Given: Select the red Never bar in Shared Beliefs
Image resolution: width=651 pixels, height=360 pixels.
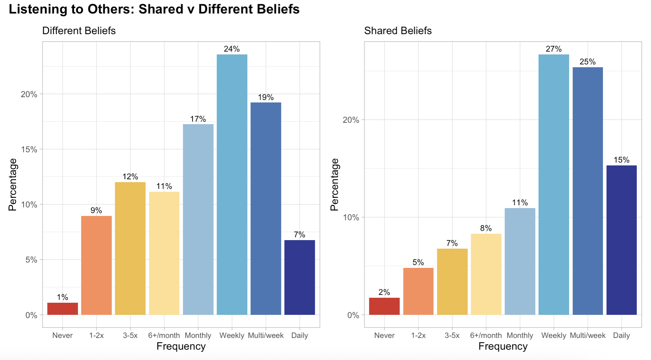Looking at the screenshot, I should tap(384, 306).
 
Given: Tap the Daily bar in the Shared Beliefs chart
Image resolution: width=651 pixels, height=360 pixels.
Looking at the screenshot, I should tap(621, 240).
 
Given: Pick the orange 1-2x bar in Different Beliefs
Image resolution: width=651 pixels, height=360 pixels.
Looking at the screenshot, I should tap(96, 265).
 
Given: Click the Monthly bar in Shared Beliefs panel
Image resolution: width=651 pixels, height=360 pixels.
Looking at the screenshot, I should tap(520, 261).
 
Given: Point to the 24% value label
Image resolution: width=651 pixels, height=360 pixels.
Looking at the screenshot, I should tap(232, 49).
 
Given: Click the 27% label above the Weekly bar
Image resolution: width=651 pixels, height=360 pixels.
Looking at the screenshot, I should tap(554, 49).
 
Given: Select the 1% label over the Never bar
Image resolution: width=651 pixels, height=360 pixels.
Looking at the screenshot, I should tap(62, 297).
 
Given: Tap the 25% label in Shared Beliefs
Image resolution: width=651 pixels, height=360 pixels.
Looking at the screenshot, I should tap(587, 62).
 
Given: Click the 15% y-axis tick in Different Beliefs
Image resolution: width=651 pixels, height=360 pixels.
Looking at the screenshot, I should tap(29, 149).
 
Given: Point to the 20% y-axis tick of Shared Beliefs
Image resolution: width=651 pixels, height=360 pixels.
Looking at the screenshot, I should tap(351, 120).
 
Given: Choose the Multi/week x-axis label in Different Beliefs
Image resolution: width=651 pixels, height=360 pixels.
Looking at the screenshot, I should tap(266, 335).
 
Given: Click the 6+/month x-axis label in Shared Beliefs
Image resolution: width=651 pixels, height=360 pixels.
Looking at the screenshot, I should tap(486, 335).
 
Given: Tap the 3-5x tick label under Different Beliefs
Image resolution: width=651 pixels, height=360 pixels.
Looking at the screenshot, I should tap(130, 335).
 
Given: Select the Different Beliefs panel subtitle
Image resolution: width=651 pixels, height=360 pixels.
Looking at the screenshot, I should tap(79, 31).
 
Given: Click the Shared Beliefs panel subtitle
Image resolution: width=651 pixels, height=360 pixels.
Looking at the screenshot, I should tap(398, 31).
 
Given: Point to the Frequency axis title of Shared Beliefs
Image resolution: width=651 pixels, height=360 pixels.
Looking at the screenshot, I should tap(503, 346).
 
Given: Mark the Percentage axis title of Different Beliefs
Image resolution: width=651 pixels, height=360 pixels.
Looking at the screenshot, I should tap(12, 185).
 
